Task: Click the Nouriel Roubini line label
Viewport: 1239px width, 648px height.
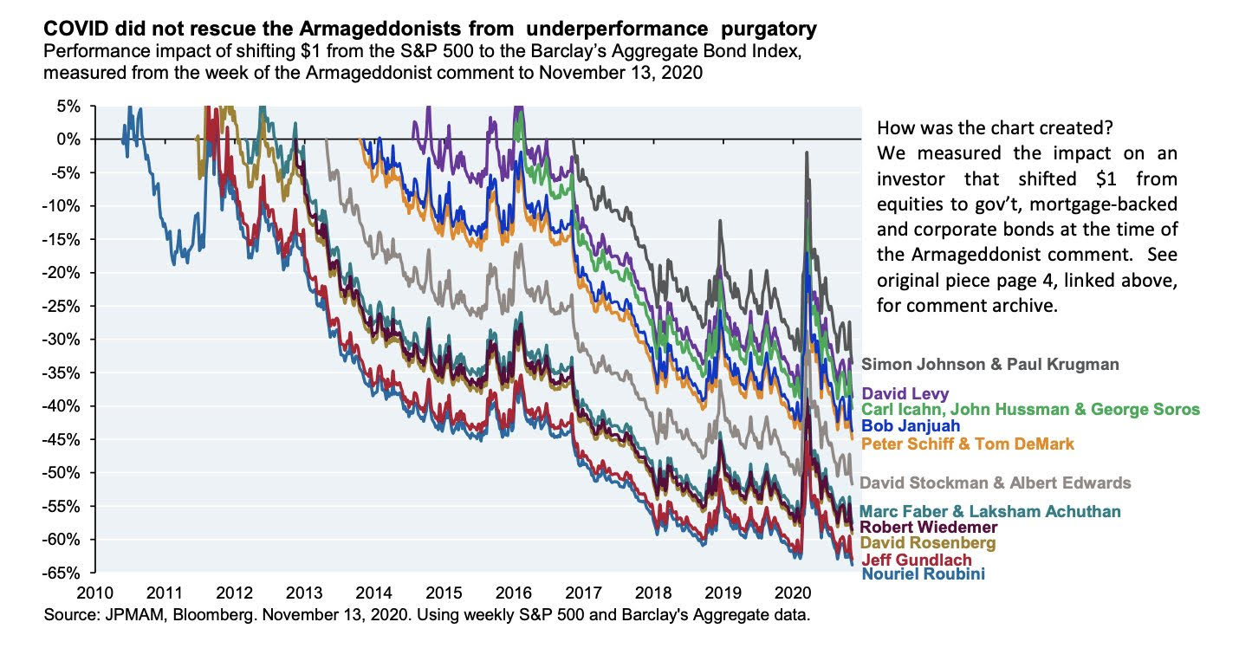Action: [922, 573]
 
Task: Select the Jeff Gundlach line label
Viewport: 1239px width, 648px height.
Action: [916, 559]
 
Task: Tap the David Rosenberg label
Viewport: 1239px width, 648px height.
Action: [927, 542]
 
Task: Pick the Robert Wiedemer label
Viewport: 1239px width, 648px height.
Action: [928, 527]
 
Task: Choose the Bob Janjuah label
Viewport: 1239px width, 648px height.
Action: [912, 427]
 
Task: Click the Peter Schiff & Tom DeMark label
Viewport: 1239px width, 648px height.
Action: [967, 444]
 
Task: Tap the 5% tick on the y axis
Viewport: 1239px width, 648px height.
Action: [70, 106]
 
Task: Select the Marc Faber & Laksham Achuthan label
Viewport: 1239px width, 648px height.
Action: [990, 511]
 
